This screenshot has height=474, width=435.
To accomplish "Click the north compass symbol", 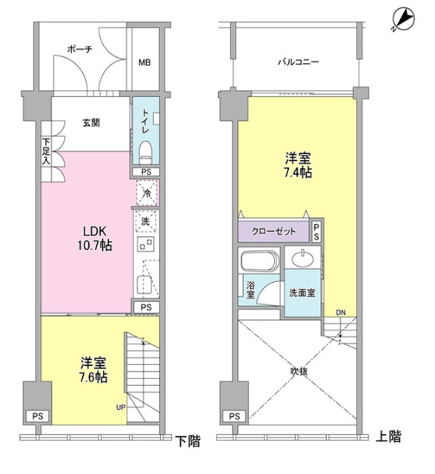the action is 404,19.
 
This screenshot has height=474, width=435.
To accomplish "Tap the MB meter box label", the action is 145,62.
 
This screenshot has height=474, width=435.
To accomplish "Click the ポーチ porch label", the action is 79,49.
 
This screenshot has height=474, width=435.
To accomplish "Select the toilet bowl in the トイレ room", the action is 145,152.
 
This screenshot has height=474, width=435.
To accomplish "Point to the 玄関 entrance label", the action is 91,123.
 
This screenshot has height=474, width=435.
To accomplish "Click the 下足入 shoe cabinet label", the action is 46,151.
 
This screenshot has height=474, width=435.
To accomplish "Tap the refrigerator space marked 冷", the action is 147,193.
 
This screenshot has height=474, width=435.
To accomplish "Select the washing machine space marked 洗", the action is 145,221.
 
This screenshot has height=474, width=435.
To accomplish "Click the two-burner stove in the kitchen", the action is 145,244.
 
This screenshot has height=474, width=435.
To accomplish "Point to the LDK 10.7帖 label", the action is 95,238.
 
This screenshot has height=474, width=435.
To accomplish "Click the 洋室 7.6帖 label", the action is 93,370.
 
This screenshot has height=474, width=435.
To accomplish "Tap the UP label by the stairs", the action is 121,407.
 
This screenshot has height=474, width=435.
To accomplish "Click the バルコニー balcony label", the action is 298,62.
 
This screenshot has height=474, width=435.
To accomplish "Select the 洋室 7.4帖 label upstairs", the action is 298,165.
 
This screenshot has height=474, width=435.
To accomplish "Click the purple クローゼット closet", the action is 273,232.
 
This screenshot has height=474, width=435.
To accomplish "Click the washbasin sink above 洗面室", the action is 303,258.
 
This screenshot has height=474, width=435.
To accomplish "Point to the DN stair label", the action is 341,313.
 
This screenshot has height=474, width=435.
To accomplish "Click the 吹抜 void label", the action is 299,372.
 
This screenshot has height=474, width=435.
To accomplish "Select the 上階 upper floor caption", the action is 388,436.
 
